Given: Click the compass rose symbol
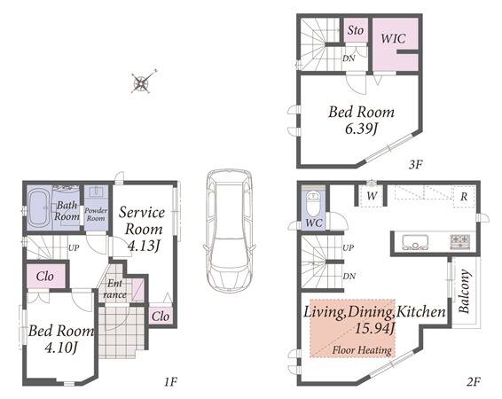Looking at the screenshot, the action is [142, 82].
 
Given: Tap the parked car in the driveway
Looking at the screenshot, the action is [229, 230].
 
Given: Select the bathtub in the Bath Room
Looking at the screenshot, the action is [39, 208].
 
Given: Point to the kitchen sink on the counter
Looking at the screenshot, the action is [415, 242].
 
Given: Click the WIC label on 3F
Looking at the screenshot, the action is [394, 39].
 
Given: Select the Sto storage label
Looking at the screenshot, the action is [356, 30].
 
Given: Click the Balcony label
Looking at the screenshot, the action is [465, 291].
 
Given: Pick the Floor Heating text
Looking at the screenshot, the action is [362, 350].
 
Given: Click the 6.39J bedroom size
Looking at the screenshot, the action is [362, 129].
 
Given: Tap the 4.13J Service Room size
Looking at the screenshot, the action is [144, 246].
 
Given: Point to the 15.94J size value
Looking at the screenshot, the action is [375, 329].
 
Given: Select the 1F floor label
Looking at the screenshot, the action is [170, 382].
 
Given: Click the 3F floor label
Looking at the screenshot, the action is [416, 164].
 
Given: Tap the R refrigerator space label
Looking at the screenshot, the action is [464, 197].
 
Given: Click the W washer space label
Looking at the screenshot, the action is [372, 195].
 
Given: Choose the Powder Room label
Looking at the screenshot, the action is [96, 215].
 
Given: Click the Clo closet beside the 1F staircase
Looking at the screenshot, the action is [45, 276].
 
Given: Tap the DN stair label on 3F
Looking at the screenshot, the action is [349, 59].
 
